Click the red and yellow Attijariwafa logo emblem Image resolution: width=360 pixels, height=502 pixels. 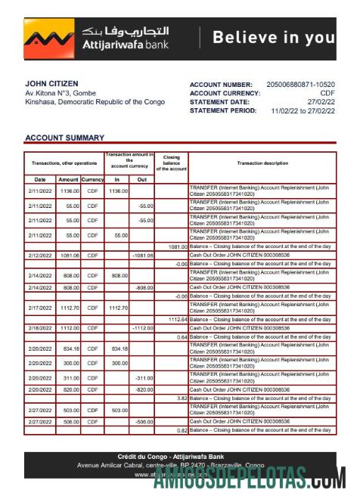[x=49, y=39]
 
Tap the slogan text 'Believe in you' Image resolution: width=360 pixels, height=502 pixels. [x=273, y=38]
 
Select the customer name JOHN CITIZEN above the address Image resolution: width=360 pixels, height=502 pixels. [x=51, y=83]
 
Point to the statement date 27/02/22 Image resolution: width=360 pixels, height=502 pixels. [x=321, y=101]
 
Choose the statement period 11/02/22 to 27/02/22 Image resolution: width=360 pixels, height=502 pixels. [x=303, y=110]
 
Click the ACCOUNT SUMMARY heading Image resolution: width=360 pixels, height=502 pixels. [x=64, y=138]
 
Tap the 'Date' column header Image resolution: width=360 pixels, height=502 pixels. [x=40, y=179]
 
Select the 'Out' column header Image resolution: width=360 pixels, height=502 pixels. [x=141, y=179]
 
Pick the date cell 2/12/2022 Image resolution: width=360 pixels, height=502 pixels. [x=40, y=256]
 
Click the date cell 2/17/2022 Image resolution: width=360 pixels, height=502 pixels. [x=40, y=308]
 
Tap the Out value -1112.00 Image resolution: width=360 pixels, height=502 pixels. [x=142, y=328]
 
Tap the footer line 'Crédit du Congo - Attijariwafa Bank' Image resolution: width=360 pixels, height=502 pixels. [x=179, y=457]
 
